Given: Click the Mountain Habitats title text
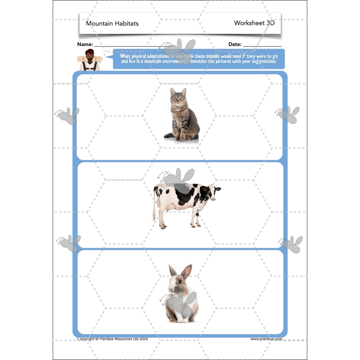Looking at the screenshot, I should (112, 23).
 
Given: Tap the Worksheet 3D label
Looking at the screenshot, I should (254, 23).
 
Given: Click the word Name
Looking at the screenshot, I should (85, 45).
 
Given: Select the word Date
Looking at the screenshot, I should (234, 45).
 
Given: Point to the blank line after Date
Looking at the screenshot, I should (262, 45).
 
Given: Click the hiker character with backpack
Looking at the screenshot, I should (90, 60).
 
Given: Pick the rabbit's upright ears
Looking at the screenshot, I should (180, 271).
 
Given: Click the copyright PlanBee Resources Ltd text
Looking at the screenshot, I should (112, 339).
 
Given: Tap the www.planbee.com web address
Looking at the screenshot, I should (266, 339).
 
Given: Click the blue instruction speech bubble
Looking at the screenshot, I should (198, 59).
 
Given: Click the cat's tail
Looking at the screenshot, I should (171, 135).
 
